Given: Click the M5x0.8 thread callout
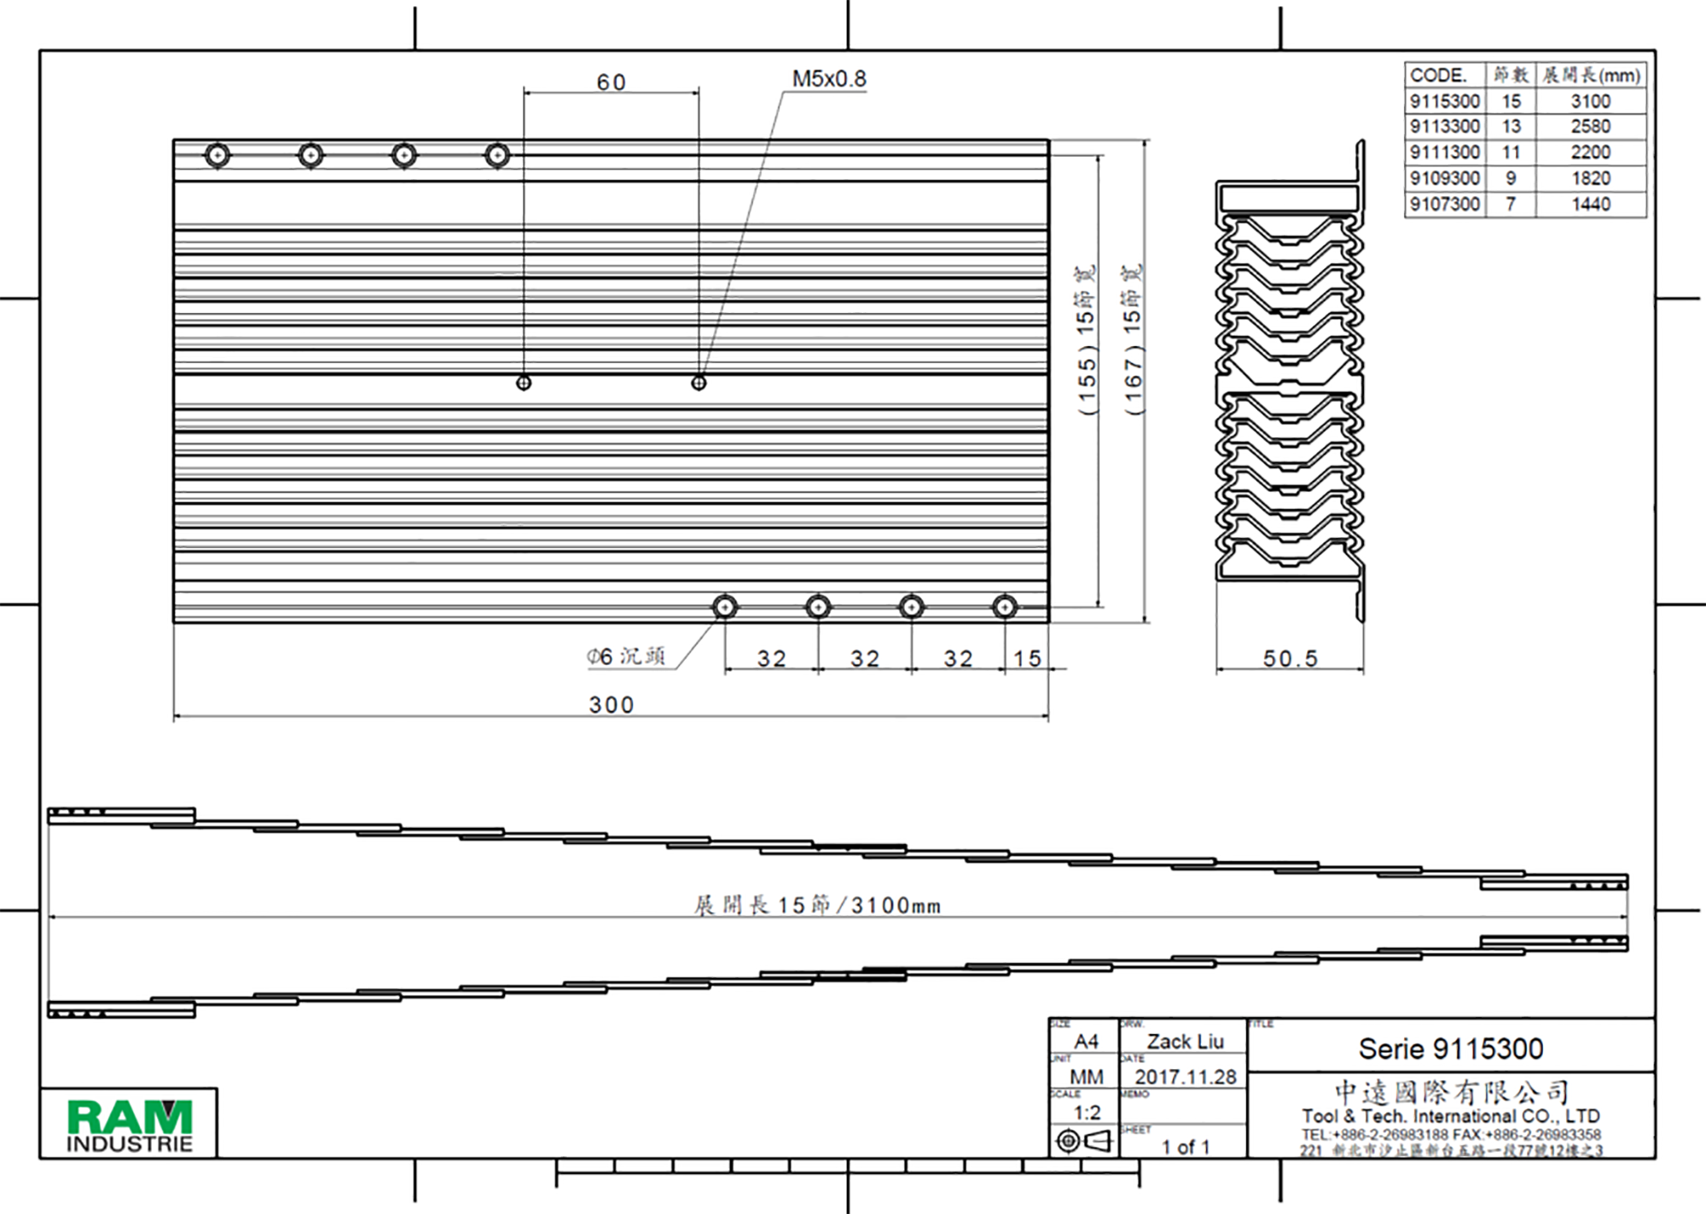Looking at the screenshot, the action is coord(828,79).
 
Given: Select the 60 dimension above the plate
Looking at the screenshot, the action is coord(611,83).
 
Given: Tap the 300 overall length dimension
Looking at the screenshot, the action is coord(611,705).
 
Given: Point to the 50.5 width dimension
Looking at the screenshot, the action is coord(1290,658).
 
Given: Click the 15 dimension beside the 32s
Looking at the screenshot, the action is coord(1027,658).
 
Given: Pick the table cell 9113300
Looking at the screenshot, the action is coord(1444,126).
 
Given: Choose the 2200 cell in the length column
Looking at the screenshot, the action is coord(1590,153).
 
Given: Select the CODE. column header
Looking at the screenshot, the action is coord(1438,75).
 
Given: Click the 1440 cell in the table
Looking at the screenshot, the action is coord(1590,205).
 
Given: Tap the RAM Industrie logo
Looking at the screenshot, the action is coord(130,1124).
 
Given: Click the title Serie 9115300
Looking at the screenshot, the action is coord(1450,1049).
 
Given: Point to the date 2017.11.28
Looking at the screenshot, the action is coord(1185,1077).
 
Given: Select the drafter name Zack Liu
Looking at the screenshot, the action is coord(1185,1041).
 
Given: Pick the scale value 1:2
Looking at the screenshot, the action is coord(1087,1113).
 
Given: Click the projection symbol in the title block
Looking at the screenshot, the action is coord(1084,1141).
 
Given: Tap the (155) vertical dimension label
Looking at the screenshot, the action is coord(1086,341).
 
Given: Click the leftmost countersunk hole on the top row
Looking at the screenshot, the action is coord(218,155).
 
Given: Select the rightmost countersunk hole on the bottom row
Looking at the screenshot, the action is coord(1005,607).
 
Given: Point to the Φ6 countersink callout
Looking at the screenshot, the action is coord(625,656).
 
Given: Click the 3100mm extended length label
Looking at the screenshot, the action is coord(816,905).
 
